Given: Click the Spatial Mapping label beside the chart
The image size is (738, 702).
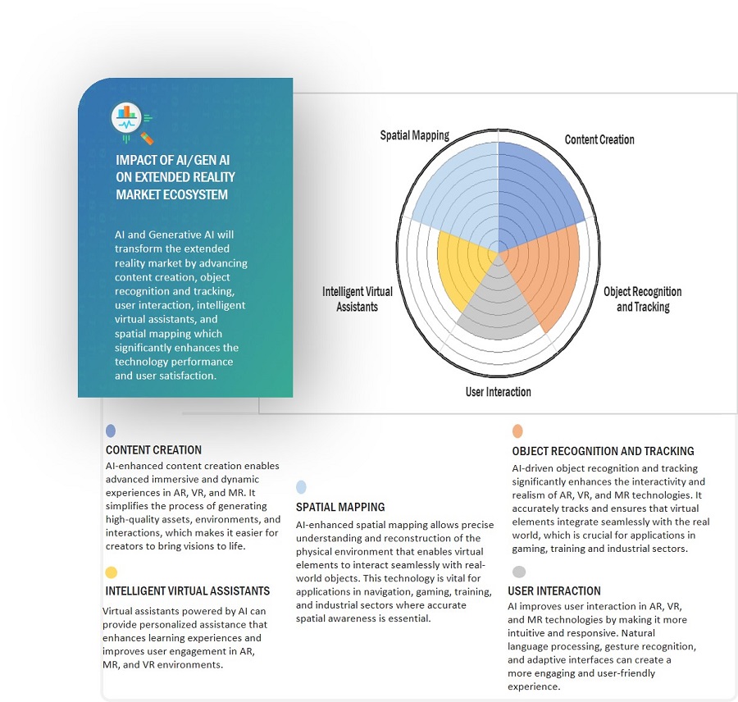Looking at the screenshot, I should click(x=414, y=135).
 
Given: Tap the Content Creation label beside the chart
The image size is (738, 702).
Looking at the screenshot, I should click(x=599, y=139).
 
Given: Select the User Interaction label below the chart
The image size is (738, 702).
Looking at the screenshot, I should click(x=498, y=392).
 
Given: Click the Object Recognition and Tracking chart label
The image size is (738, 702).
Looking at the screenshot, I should click(x=643, y=299).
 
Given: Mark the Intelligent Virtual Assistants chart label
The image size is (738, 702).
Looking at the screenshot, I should click(x=358, y=299).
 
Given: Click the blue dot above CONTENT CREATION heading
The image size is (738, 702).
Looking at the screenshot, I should click(x=111, y=431).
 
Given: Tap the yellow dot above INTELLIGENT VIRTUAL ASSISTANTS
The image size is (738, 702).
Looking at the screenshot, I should click(x=111, y=572).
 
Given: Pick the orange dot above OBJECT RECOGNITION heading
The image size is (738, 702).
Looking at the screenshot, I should click(x=517, y=431).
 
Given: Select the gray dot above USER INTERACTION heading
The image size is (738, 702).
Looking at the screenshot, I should click(x=517, y=572).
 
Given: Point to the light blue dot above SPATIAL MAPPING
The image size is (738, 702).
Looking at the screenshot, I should click(x=302, y=487).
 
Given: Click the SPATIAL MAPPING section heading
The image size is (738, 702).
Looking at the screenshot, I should click(x=340, y=507).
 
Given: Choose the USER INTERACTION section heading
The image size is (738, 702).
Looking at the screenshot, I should click(x=554, y=590).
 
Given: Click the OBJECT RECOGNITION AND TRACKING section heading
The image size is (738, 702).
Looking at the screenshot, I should click(x=603, y=451).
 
